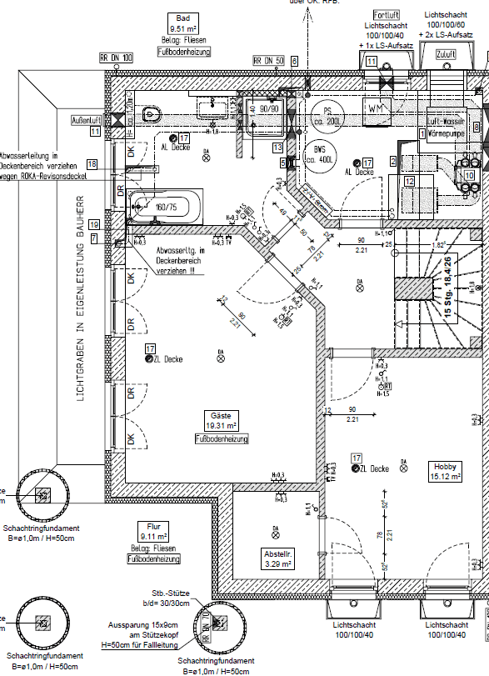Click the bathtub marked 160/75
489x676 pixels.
click(x=163, y=205)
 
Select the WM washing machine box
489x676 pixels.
click(x=374, y=108)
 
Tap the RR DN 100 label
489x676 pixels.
click(x=116, y=58)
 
